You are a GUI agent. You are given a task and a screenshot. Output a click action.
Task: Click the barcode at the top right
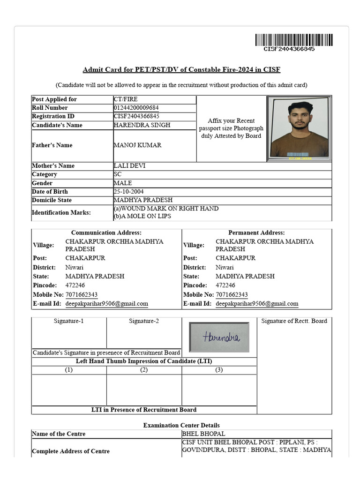pos(294,40)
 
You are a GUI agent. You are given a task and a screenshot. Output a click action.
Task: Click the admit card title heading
pos(181,70)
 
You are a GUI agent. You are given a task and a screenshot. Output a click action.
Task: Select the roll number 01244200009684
pos(136,108)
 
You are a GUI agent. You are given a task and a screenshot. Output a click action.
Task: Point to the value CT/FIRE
pos(126,99)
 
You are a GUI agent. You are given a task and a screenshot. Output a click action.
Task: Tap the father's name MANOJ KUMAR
pos(137,145)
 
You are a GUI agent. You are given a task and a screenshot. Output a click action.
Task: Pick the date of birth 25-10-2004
pos(129,192)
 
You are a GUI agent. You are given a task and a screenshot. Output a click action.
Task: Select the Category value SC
pos(118,174)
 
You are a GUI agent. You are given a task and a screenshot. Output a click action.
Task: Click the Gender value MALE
pos(123,183)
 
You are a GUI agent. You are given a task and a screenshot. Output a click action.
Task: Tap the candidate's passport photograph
pos(299,128)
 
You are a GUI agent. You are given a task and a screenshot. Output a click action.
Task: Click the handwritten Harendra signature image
pos(219,337)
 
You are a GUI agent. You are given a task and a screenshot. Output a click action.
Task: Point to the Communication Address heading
pos(106,233)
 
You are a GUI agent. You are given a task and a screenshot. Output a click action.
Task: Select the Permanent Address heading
pos(256,233)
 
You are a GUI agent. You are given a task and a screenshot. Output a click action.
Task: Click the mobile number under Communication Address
pos(82,295)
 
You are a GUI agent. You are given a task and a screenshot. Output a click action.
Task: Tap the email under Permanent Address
pos(257,304)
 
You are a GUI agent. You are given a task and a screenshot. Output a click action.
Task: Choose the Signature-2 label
pos(144,321)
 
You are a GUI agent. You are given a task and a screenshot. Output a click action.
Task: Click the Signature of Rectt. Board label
pos(294,321)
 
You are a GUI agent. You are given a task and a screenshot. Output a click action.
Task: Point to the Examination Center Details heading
pos(181,425)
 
